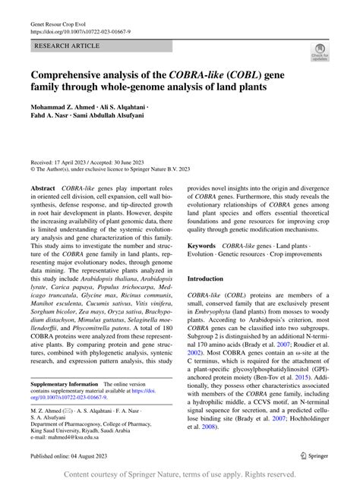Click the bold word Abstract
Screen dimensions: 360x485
(43, 187)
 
